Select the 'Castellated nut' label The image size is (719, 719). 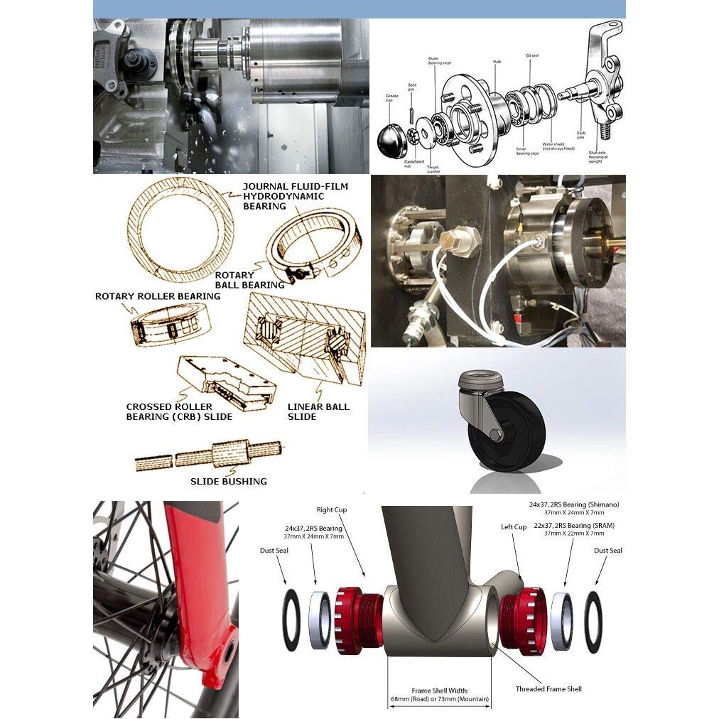[x=414, y=164]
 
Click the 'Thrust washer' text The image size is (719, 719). [x=433, y=169]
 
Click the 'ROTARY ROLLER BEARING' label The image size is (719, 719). [x=157, y=296]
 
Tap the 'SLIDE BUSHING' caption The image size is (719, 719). [x=228, y=481]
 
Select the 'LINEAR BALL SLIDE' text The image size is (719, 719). [x=318, y=411]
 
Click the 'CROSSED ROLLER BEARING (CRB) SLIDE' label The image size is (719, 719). [x=179, y=411]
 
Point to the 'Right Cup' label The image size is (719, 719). [x=332, y=510]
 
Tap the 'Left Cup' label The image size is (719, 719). [x=514, y=527]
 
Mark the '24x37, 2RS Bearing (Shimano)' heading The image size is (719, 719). [x=574, y=504]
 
